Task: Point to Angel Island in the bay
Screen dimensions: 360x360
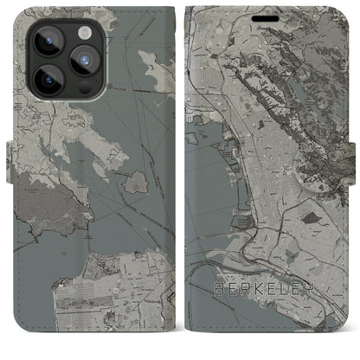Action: (136, 183)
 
